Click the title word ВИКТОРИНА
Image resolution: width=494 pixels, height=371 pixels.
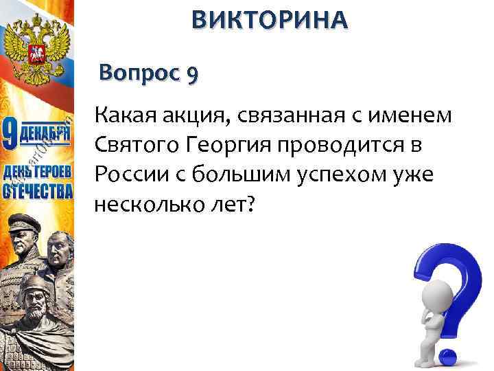pos(270,21)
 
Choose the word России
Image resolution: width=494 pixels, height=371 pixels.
pos(128,174)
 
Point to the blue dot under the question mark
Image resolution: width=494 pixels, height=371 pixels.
pos(446,356)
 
